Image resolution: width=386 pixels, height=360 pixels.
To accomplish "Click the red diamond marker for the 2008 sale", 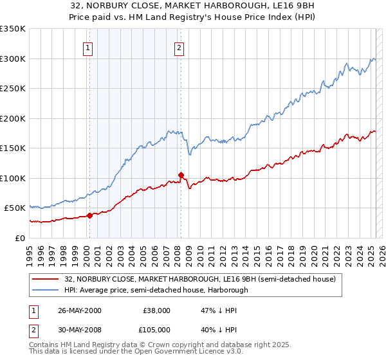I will [x=181, y=175].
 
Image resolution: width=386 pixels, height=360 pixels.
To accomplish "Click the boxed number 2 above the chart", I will [x=179, y=46].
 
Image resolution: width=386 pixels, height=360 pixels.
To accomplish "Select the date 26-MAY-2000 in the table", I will [x=80, y=310].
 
